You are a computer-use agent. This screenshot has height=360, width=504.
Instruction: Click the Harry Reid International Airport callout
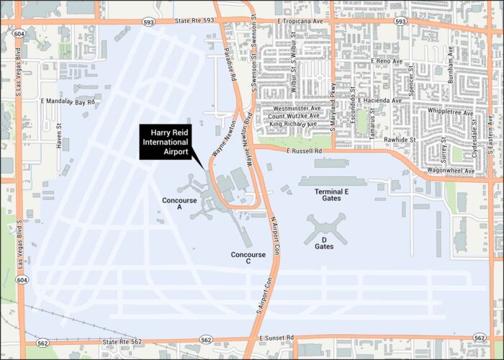coord(169,142)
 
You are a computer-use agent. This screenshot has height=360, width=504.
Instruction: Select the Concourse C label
coord(248,258)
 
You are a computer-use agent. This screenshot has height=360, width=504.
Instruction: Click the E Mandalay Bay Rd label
coord(68,102)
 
